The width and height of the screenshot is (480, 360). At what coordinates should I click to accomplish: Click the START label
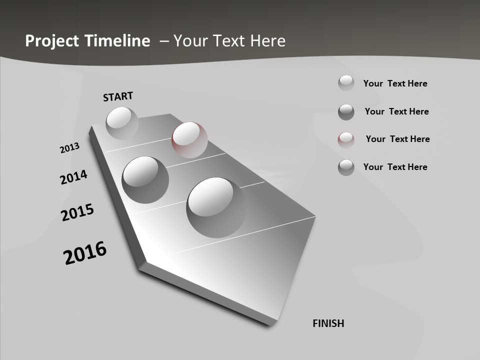[118, 96]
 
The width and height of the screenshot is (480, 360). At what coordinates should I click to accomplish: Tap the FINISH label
[328, 323]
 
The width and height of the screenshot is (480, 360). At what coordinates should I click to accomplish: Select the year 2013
[69, 148]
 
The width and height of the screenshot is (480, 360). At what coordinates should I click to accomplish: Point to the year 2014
[73, 177]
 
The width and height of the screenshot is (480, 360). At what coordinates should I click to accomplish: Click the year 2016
[85, 253]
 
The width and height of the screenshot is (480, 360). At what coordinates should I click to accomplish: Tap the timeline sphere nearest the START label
[122, 123]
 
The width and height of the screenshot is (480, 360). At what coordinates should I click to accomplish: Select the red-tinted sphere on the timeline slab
[189, 140]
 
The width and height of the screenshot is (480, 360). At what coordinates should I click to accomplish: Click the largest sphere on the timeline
[216, 207]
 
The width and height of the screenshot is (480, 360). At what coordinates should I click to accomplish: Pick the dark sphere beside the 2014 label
[145, 179]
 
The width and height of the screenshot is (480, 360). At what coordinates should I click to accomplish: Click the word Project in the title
[53, 41]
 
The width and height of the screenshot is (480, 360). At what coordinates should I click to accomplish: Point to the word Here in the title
[267, 41]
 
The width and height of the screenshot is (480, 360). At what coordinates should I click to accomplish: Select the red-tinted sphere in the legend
[346, 139]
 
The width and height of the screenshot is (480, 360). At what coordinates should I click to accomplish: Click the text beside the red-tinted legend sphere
[397, 139]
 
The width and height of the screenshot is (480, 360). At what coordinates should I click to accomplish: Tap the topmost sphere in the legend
[346, 82]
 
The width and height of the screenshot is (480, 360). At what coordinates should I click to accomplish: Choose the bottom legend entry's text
[395, 167]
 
